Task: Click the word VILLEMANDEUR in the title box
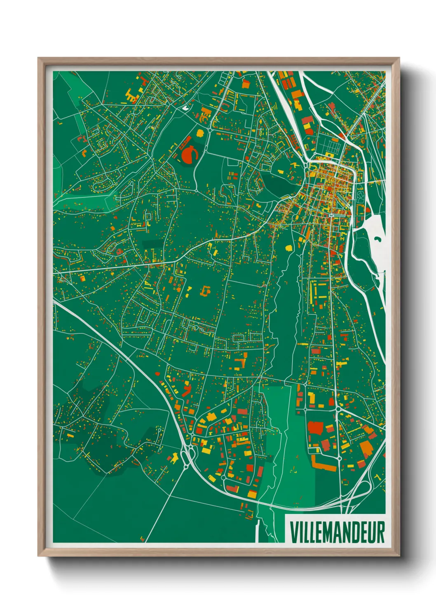click(x=337, y=533)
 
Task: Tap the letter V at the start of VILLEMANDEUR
click(x=293, y=533)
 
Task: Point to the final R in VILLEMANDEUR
click(x=381, y=533)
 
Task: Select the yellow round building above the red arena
click(x=200, y=133)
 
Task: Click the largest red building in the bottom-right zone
click(x=316, y=428)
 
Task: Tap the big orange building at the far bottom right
click(x=366, y=448)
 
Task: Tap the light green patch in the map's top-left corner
click(x=66, y=87)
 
